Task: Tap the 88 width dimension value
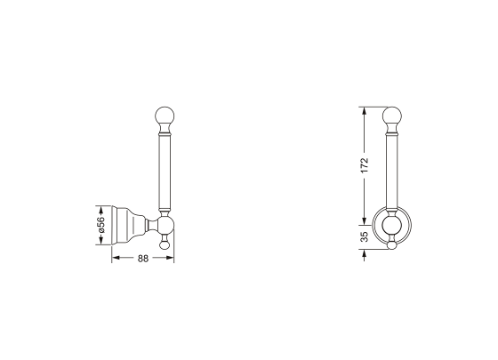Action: point(142,260)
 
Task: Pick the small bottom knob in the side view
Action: point(165,243)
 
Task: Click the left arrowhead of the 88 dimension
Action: point(114,260)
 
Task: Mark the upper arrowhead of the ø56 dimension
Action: point(100,208)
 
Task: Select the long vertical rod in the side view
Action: point(165,173)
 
